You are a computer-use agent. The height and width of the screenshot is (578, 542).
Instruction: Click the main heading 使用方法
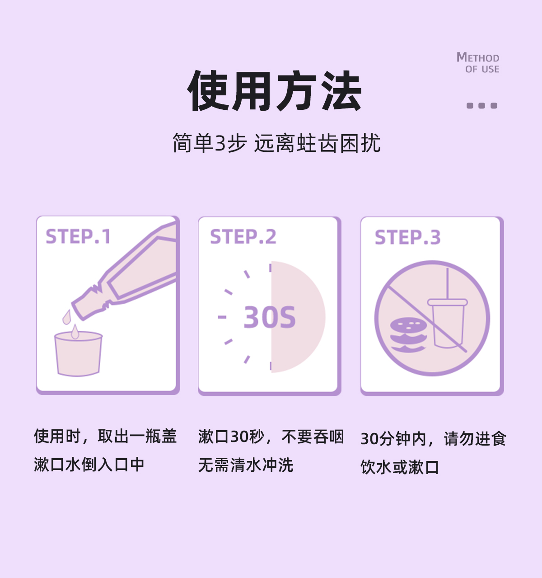[x=274, y=90]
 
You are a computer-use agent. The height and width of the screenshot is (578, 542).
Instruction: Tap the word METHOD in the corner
[x=478, y=57]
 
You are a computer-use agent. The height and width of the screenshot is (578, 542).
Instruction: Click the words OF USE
[x=482, y=69]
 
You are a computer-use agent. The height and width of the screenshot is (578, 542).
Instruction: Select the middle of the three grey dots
[x=482, y=106]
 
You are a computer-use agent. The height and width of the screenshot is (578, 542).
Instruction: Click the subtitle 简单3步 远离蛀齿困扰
[x=276, y=143]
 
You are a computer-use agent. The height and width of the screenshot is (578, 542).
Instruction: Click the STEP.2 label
[x=243, y=237]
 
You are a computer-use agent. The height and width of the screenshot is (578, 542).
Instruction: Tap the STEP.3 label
[x=407, y=238]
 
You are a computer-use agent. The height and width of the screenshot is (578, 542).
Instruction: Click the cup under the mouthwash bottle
[x=78, y=354]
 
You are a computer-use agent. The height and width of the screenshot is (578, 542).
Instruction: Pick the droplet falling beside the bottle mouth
[x=67, y=317]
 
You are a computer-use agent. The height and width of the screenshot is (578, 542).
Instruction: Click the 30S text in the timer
[x=269, y=317]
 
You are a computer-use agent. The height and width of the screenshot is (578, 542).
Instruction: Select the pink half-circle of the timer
[x=298, y=317]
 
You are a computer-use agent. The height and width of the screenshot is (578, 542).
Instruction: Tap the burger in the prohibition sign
[x=408, y=335]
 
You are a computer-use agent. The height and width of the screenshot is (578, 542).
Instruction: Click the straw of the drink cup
[x=448, y=283]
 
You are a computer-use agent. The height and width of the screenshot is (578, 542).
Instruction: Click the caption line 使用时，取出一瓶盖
[x=105, y=436]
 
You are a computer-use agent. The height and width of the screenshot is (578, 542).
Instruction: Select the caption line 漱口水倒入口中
[x=89, y=464]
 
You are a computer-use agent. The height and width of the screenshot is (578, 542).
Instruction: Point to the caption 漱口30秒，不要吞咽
[x=271, y=437]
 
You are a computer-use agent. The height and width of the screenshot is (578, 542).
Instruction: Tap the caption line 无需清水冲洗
[x=246, y=465]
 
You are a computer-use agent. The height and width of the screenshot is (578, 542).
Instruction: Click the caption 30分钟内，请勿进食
[x=433, y=439]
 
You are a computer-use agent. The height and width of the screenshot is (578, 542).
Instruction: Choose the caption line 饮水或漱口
[x=399, y=467]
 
